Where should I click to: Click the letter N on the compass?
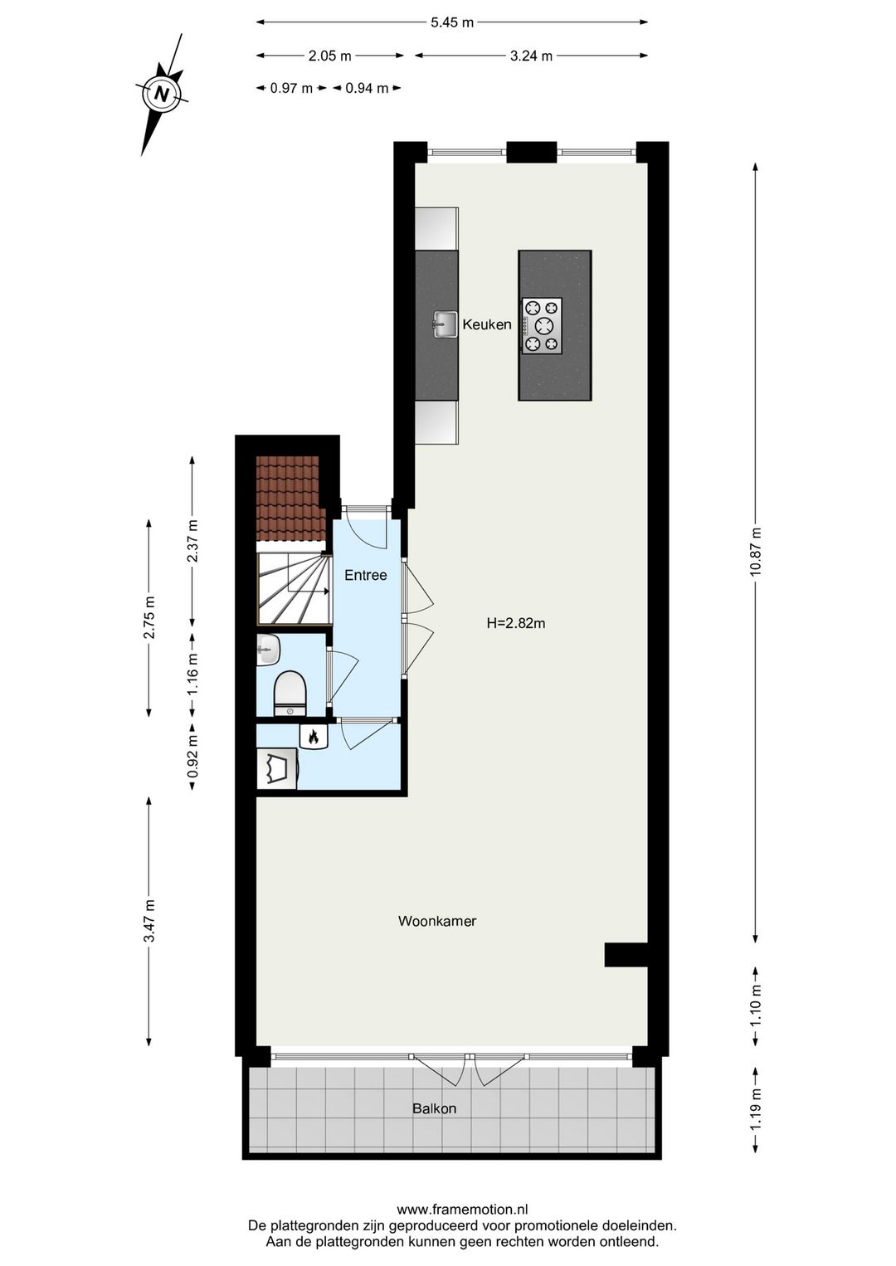click(163, 93)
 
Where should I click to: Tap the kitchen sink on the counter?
click(445, 324)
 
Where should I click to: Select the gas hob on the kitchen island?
click(542, 325)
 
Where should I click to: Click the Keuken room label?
click(487, 324)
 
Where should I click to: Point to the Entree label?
click(366, 576)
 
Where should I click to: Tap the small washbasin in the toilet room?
click(268, 650)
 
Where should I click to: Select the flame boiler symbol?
click(314, 737)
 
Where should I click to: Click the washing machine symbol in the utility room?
click(277, 768)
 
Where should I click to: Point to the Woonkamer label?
click(437, 921)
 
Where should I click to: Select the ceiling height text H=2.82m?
click(515, 623)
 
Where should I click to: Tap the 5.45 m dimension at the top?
click(452, 22)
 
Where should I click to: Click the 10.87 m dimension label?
click(757, 552)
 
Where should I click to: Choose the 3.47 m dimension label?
click(149, 922)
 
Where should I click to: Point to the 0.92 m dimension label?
click(192, 757)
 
